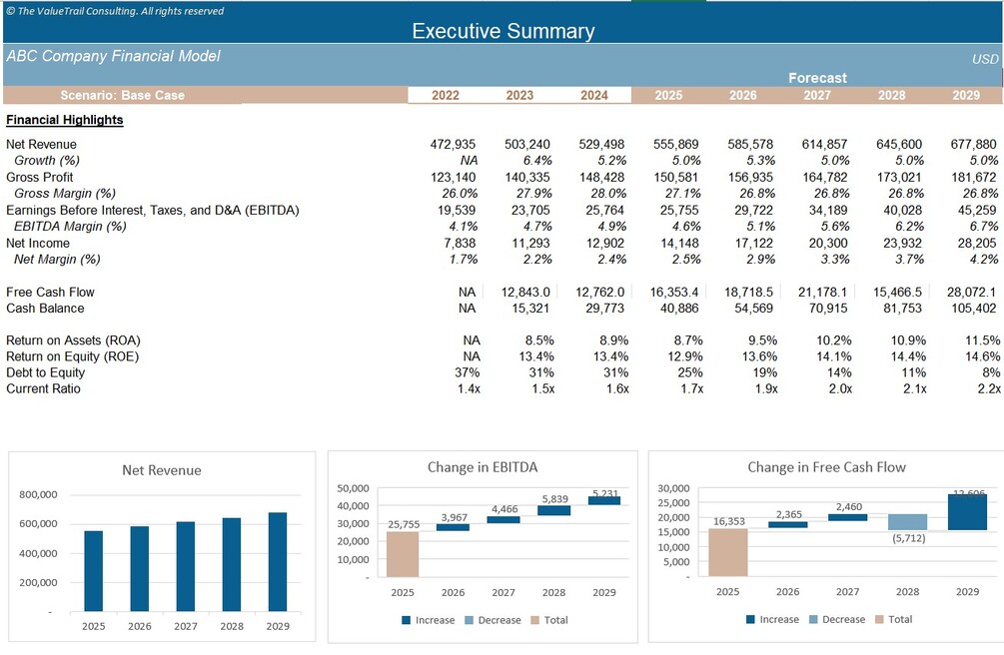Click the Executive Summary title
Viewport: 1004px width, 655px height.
(502, 31)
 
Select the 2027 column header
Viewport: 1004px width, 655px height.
(816, 96)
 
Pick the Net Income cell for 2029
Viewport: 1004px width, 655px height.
(974, 244)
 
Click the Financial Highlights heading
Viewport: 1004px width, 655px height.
(65, 120)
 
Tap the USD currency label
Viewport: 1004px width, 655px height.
(985, 59)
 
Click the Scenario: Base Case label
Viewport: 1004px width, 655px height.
(122, 96)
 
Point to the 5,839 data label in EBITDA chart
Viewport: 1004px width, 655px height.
(553, 499)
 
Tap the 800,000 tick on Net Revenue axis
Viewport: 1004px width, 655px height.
(38, 494)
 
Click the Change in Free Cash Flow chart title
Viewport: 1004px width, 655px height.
(826, 467)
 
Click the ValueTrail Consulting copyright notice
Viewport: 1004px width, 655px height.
(115, 11)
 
